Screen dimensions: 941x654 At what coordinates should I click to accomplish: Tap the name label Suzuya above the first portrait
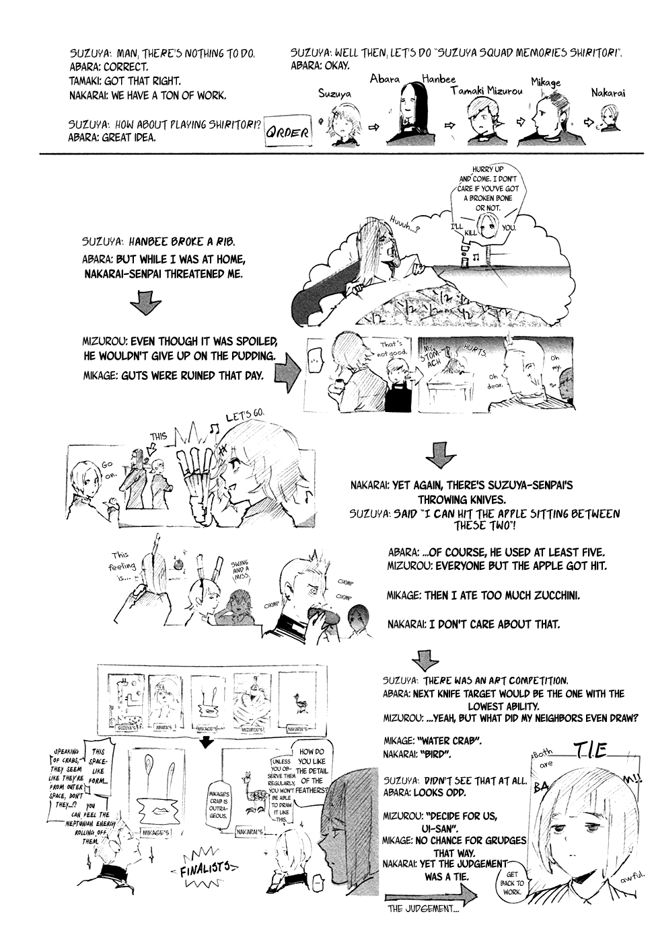coord(334,95)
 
